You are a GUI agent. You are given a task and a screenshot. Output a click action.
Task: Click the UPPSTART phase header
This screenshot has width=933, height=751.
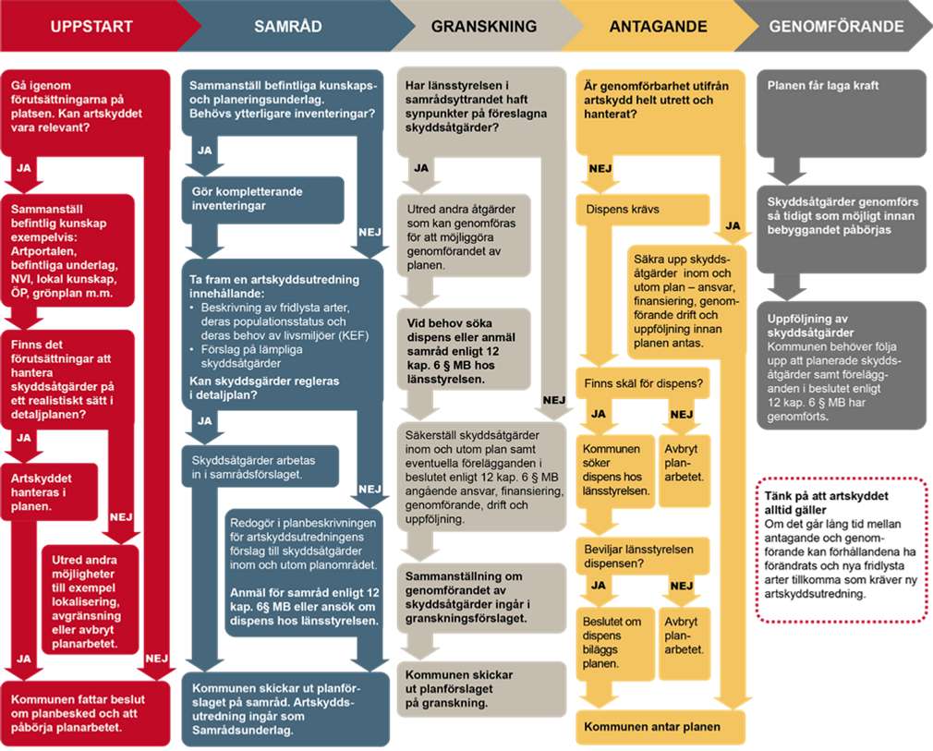pyautogui.click(x=92, y=26)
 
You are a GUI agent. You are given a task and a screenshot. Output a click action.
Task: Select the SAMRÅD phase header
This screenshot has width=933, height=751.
pyautogui.click(x=288, y=26)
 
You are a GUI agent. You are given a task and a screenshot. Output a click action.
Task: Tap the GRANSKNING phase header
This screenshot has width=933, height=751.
pyautogui.click(x=484, y=26)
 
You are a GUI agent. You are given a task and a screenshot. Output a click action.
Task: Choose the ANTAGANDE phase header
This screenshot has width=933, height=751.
pyautogui.click(x=658, y=26)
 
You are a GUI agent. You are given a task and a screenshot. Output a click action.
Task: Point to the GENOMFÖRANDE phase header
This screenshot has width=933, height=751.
pyautogui.click(x=836, y=26)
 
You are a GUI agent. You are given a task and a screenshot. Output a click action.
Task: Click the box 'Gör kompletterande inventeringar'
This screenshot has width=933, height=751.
pyautogui.click(x=263, y=200)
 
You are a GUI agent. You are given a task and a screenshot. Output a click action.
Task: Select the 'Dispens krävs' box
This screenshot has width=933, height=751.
pyautogui.click(x=643, y=210)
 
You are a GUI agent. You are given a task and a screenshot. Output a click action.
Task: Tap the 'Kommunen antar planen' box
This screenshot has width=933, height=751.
pyautogui.click(x=660, y=727)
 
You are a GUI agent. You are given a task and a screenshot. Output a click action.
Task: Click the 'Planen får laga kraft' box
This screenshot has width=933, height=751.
pyautogui.click(x=842, y=113)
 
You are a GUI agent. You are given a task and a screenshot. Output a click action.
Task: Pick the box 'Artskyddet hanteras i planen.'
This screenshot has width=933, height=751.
pyautogui.click(x=49, y=492)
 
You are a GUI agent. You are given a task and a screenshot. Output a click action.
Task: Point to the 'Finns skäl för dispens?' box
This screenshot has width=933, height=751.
pyautogui.click(x=643, y=384)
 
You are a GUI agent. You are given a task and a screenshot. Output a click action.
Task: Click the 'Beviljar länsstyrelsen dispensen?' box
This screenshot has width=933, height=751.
pyautogui.click(x=643, y=556)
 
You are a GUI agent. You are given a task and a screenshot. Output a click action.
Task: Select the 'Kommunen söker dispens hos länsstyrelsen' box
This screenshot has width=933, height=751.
pyautogui.click(x=615, y=471)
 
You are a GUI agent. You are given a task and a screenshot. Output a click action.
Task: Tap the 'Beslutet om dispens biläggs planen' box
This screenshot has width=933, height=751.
pyautogui.click(x=615, y=643)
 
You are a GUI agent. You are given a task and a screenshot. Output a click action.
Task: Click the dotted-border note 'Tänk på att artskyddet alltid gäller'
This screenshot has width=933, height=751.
pyautogui.click(x=842, y=550)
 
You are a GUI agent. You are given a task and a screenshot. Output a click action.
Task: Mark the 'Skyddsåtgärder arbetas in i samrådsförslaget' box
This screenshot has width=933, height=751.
pyautogui.click(x=261, y=466)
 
